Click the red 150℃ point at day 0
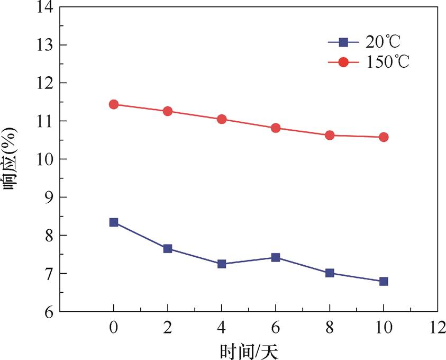pyautogui.click(x=114, y=104)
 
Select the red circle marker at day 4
pyautogui.click(x=222, y=119)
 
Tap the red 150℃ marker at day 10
pyautogui.click(x=384, y=137)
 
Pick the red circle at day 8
pyautogui.click(x=330, y=135)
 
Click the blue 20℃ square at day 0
pyautogui.click(x=114, y=222)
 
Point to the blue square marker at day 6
pyautogui.click(x=276, y=257)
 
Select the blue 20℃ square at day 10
pyautogui.click(x=384, y=281)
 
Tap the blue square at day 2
pyautogui.click(x=168, y=248)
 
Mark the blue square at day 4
pyautogui.click(x=222, y=264)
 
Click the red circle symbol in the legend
pyautogui.click(x=343, y=61)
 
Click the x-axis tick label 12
pyautogui.click(x=437, y=328)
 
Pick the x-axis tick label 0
pyautogui.click(x=114, y=328)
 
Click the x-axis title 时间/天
pyautogui.click(x=248, y=350)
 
